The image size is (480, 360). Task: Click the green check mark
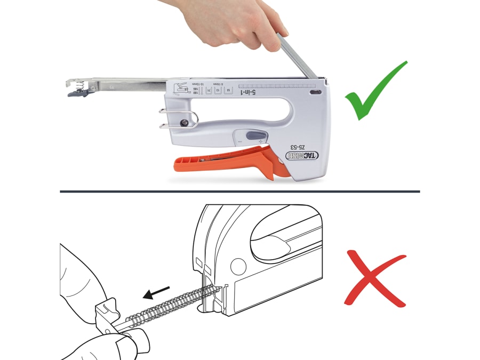pyautogui.click(x=375, y=92)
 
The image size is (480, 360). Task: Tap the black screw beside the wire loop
pyautogui.click(x=184, y=123)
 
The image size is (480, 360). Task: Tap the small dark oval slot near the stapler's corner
pyautogui.click(x=314, y=92)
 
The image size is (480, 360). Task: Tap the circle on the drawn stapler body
pyautogui.click(x=238, y=266)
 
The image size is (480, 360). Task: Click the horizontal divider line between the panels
pyautogui.click(x=239, y=191)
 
